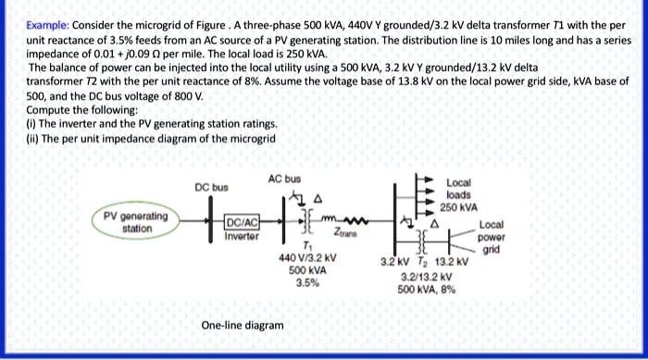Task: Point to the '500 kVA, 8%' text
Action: pyautogui.click(x=424, y=288)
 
